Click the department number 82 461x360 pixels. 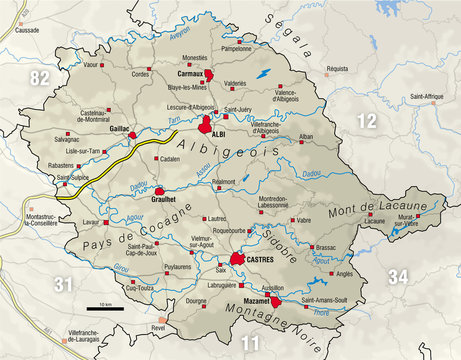pos(41,77)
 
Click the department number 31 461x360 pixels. pos(64,286)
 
